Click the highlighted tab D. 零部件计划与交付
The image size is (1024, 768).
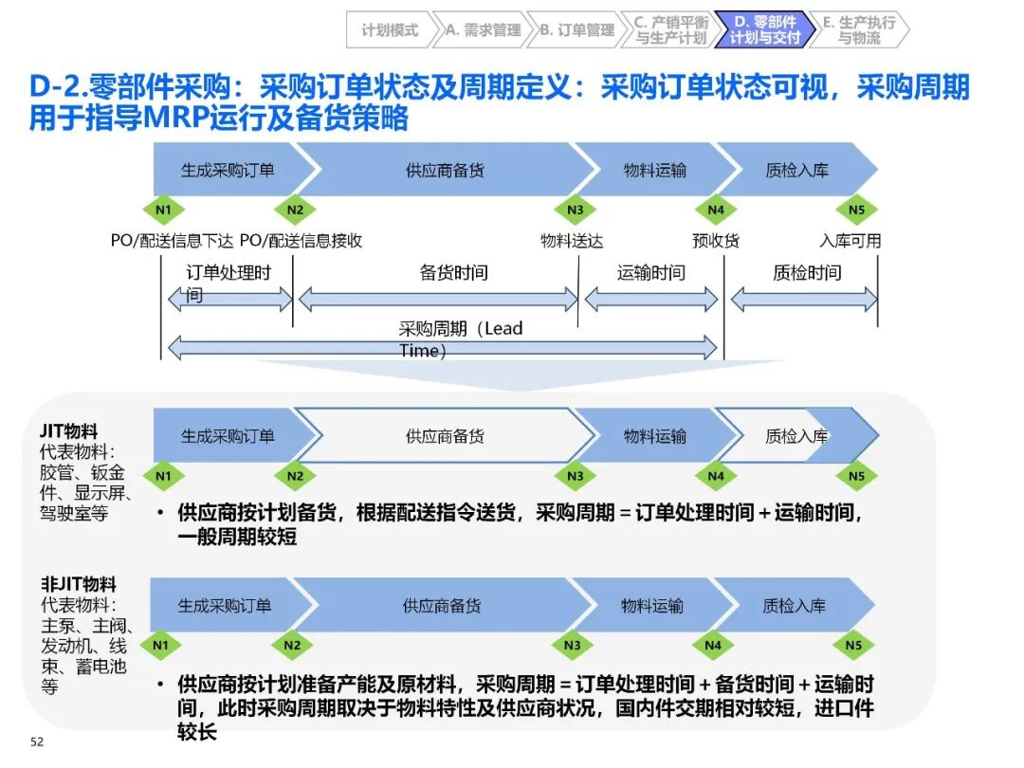point(764,29)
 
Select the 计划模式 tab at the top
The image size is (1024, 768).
point(389,29)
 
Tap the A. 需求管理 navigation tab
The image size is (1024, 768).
point(483,29)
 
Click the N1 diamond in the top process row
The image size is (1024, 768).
point(163,210)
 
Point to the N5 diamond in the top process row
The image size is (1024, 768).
point(856,210)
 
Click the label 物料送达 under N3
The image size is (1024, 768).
point(572,241)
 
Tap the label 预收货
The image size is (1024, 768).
point(716,241)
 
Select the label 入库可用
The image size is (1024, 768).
point(850,241)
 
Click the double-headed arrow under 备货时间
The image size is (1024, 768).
point(438,300)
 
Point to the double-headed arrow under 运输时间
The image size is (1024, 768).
point(651,300)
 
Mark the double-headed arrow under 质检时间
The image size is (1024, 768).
point(804,300)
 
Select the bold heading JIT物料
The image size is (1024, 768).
point(69,430)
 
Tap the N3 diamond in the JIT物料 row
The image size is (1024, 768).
point(575,475)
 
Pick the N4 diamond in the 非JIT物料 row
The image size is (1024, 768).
point(712,646)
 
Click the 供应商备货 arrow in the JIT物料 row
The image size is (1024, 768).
point(445,436)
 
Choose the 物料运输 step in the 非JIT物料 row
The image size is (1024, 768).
point(651,606)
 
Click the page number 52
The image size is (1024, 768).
point(37,741)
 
